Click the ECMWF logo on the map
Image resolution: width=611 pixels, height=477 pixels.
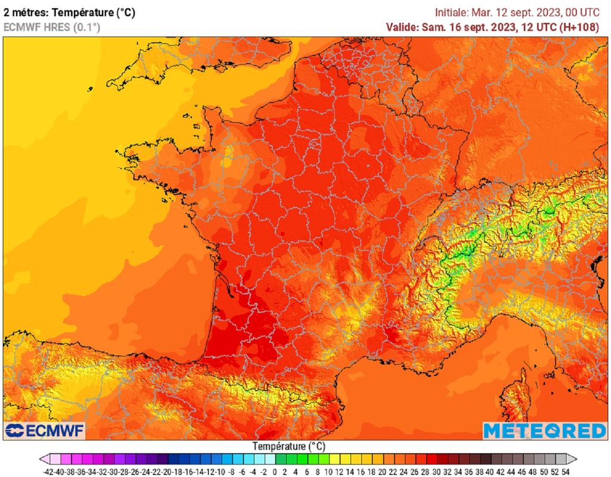click(45, 430)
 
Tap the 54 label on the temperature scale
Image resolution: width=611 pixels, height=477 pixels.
click(565, 471)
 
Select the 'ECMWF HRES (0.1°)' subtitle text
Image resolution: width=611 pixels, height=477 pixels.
click(52, 27)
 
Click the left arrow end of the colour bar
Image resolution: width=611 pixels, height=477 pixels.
click(44, 459)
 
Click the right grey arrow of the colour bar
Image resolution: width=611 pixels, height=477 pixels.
click(572, 459)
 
